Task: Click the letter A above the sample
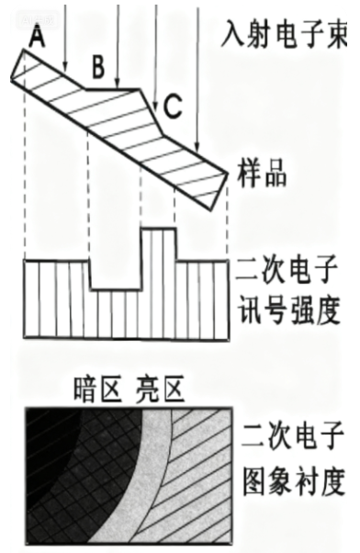[37, 35]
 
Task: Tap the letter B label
[98, 67]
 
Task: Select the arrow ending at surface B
[118, 46]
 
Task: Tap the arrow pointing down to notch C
[155, 55]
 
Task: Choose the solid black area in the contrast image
[41, 459]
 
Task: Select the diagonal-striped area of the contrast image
[197, 487]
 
